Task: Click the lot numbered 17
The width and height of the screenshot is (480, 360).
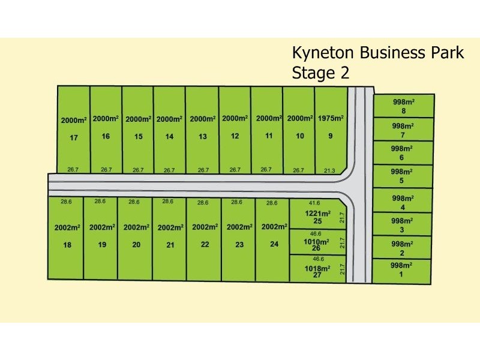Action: (x=74, y=138)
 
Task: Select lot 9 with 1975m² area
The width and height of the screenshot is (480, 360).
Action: (x=330, y=136)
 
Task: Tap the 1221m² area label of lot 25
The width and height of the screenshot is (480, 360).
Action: (x=319, y=214)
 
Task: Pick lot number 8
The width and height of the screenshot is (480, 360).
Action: (x=404, y=110)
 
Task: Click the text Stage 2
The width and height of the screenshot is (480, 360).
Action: (x=320, y=73)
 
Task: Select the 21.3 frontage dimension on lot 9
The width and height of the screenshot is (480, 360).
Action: (x=329, y=170)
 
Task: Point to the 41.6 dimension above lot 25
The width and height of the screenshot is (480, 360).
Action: (x=314, y=203)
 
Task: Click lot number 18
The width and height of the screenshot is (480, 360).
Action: (x=67, y=245)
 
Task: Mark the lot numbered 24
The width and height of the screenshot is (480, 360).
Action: (x=274, y=244)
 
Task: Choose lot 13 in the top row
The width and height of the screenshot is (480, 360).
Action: (x=203, y=137)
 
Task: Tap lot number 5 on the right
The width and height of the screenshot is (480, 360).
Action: (x=402, y=181)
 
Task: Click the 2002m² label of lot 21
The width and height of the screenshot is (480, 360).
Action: (x=170, y=228)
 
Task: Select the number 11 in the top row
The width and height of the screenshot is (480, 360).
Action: (x=268, y=136)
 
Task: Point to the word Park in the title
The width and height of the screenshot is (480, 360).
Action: (x=444, y=53)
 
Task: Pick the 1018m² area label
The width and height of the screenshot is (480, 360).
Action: (x=318, y=268)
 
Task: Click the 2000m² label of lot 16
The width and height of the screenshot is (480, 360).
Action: (x=106, y=119)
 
